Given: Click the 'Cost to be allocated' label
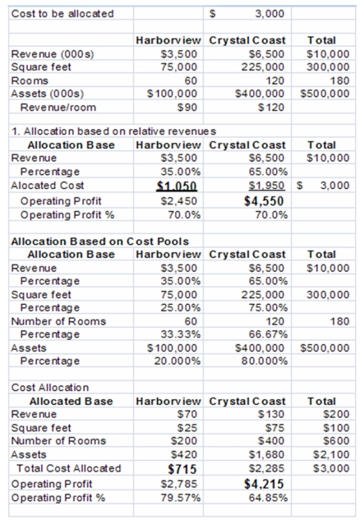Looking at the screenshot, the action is pyautogui.click(x=62, y=14).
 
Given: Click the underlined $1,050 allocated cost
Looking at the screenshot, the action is pyautogui.click(x=177, y=186).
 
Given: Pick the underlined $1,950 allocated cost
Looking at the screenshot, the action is pyautogui.click(x=267, y=186).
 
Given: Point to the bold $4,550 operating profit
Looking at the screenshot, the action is pyautogui.click(x=264, y=201).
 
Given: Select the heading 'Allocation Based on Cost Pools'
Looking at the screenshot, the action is pyautogui.click(x=100, y=242).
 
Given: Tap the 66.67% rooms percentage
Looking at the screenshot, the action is pyautogui.click(x=268, y=334).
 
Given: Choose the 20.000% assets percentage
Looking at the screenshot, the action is pyautogui.click(x=178, y=361).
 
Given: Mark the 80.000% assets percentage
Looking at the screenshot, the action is pyautogui.click(x=265, y=361).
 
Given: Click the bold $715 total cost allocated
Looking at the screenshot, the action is pyautogui.click(x=182, y=469).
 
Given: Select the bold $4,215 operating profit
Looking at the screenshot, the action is pyautogui.click(x=264, y=484).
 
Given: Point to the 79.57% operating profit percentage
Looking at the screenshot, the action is pyautogui.click(x=181, y=498).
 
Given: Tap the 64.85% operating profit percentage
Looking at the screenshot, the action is pyautogui.click(x=268, y=498).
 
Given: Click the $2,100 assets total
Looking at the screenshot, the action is pyautogui.click(x=331, y=454).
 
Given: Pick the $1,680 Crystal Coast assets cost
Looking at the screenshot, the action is pyautogui.click(x=267, y=454).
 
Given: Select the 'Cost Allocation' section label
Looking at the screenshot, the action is pyautogui.click(x=50, y=388).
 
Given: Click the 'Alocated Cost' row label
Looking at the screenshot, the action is pyautogui.click(x=48, y=186).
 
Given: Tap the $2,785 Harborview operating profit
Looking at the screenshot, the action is pyautogui.click(x=179, y=484).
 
